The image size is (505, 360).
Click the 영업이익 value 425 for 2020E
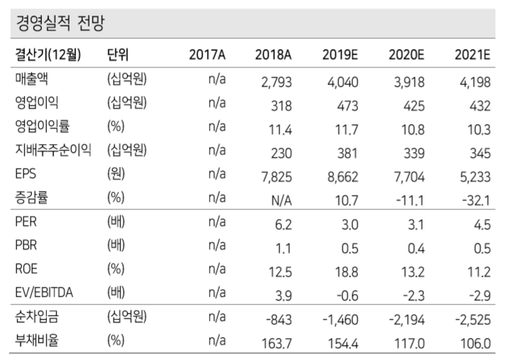[413, 106]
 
